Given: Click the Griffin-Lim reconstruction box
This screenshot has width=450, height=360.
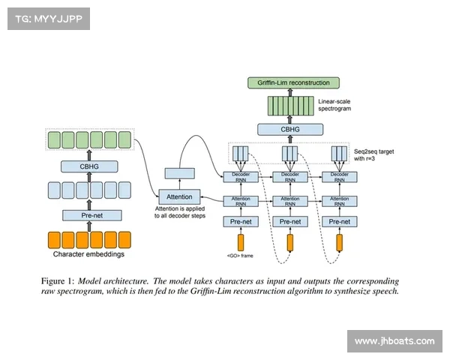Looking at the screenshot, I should point(293,82).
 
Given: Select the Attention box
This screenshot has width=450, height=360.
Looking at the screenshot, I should point(179,197).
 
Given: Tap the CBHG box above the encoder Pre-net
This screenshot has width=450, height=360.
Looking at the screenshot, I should point(89,166).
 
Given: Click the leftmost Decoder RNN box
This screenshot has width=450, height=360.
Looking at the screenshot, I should point(241,178).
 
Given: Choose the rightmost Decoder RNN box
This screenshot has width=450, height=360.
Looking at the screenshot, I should point(340,178).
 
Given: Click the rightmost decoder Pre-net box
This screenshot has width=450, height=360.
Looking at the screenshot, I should point(340,221).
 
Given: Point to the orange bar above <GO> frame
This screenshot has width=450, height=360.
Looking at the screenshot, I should point(241,242).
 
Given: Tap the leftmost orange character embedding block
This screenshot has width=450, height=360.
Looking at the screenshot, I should point(55,240).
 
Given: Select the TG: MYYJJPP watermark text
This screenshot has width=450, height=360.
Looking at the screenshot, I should point(48,19).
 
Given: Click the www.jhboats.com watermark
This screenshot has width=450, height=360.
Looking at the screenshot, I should point(394,341).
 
